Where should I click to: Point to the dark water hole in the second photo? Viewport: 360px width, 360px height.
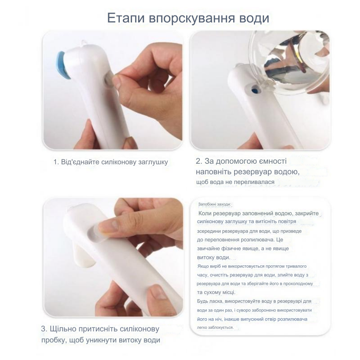tap(254, 91)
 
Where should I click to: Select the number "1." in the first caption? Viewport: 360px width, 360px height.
tap(56, 162)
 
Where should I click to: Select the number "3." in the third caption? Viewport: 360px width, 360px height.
tap(44, 329)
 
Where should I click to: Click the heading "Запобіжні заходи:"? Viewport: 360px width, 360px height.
tap(214, 205)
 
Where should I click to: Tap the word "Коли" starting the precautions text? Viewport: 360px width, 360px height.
tap(207, 213)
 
